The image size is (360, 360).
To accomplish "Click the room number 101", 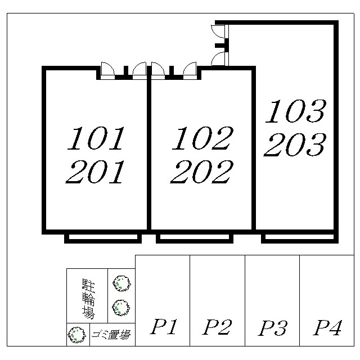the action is [x=96, y=138].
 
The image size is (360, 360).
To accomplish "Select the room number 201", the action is [x=95, y=172].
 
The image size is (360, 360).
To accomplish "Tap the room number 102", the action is [x=202, y=138].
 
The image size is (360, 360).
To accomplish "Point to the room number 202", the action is [x=201, y=172].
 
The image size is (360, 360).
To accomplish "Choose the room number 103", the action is [x=296, y=111].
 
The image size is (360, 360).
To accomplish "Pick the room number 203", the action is [x=295, y=145].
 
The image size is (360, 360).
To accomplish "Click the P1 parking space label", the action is [x=164, y=326].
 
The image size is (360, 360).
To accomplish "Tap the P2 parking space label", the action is [x=217, y=327].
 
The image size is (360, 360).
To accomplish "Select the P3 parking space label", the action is [x=272, y=328].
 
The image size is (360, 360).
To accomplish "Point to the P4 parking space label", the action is [x=327, y=327].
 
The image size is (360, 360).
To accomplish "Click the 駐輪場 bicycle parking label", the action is [x=88, y=299].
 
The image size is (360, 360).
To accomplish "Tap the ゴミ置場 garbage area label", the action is [x=111, y=335].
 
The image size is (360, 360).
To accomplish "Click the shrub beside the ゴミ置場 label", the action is [x=76, y=335].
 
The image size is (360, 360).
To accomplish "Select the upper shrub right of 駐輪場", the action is [x=121, y=283].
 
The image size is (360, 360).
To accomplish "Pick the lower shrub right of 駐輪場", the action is [x=121, y=308].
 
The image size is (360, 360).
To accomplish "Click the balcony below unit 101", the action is [x=103, y=238].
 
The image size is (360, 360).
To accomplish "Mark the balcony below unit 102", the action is [x=195, y=238].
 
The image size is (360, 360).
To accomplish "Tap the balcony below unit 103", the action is [x=300, y=238].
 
